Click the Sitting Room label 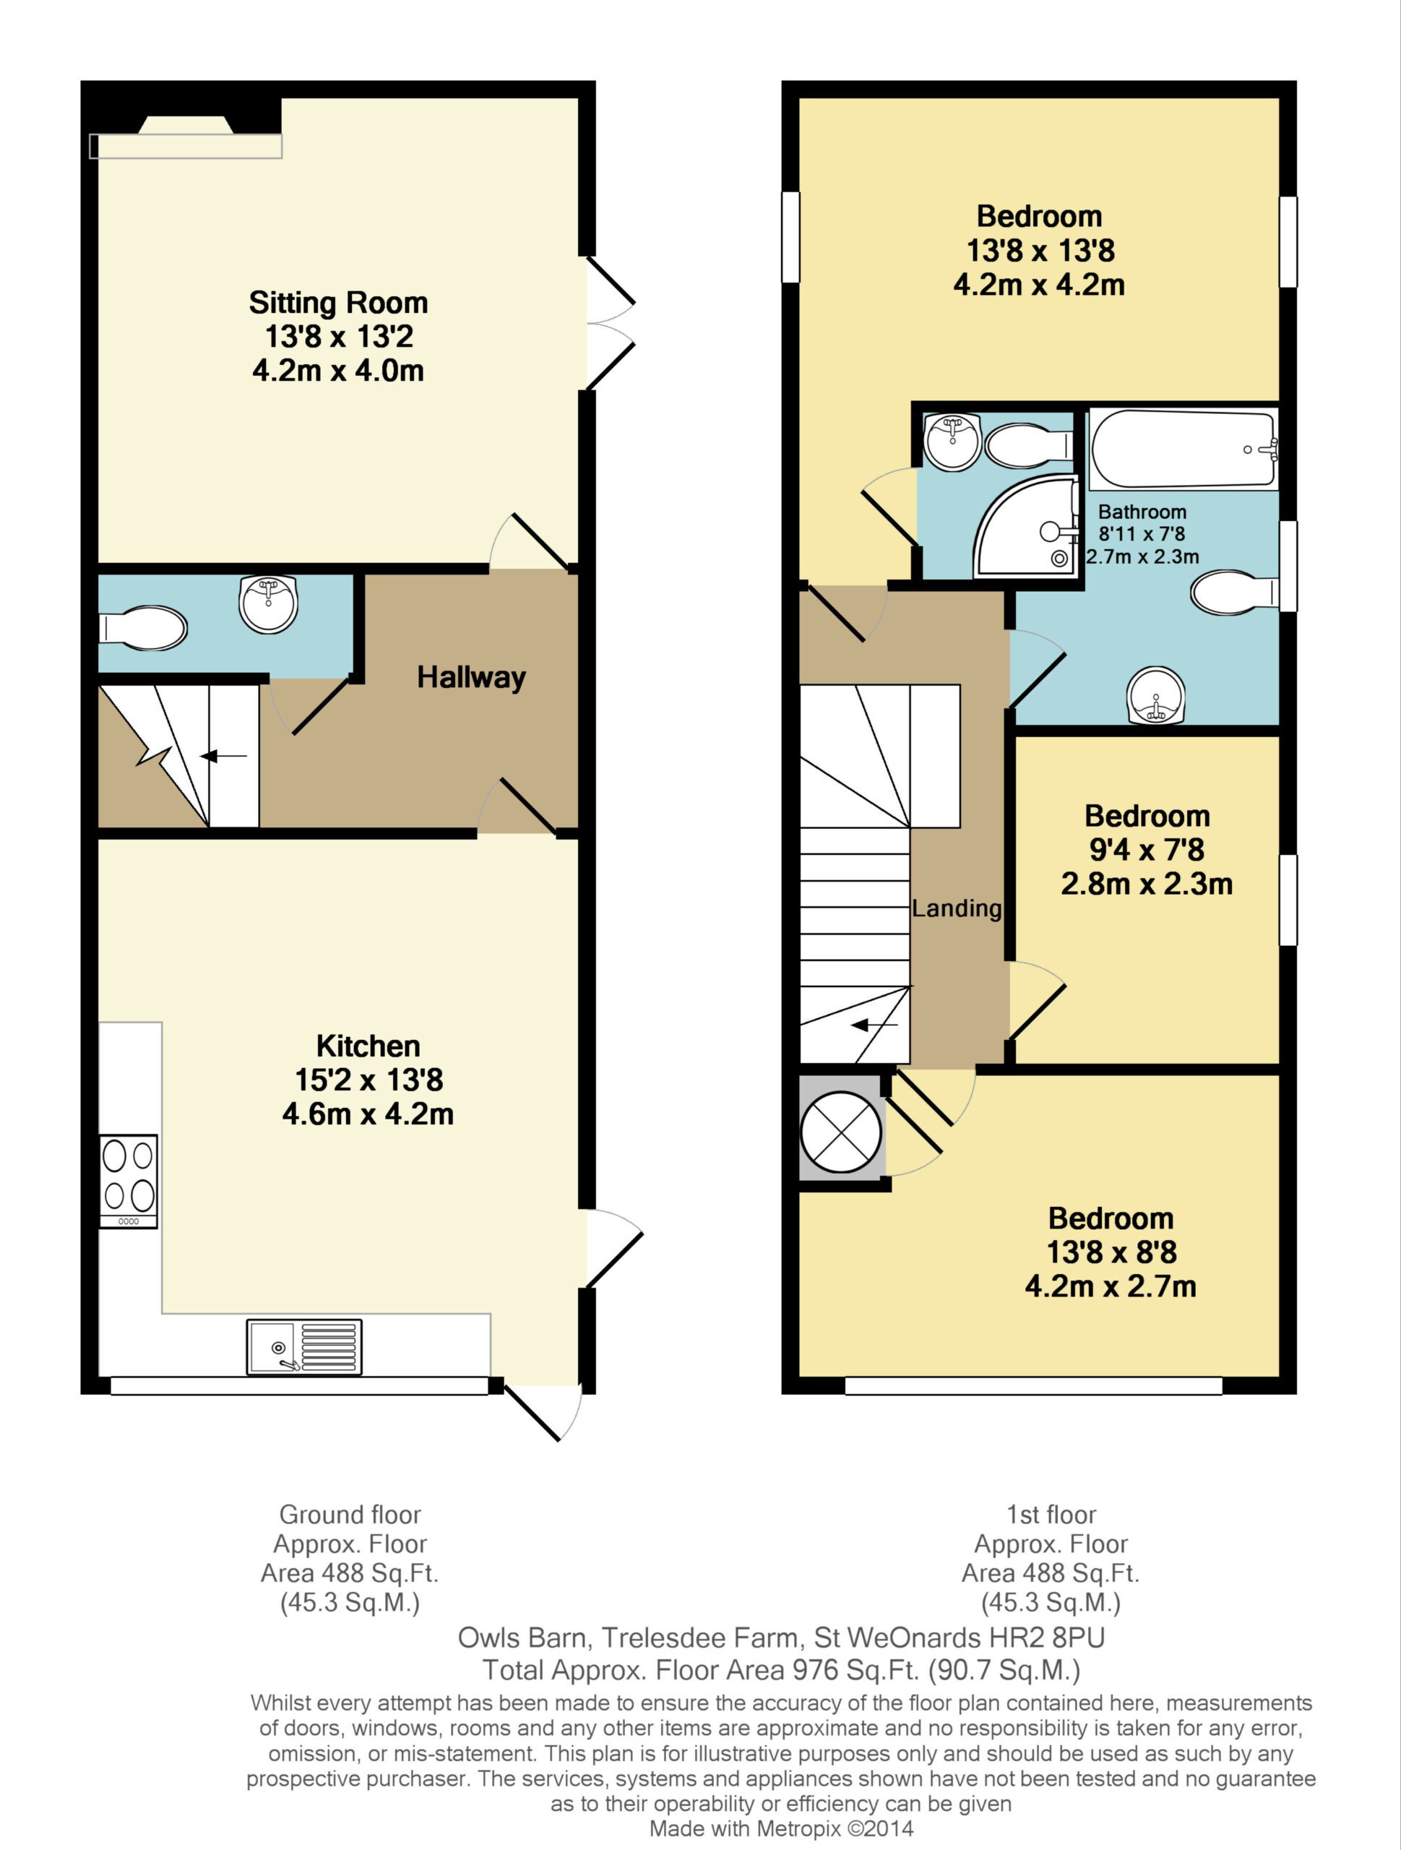point(338,303)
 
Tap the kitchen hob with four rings point(129,1181)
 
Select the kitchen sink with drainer point(304,1346)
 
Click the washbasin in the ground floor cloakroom point(267,603)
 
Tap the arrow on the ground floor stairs point(223,757)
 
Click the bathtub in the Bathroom point(1184,450)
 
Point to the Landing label point(957,908)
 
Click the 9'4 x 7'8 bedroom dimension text point(1147,850)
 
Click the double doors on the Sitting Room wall point(611,323)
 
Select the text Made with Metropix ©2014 point(781,1828)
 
